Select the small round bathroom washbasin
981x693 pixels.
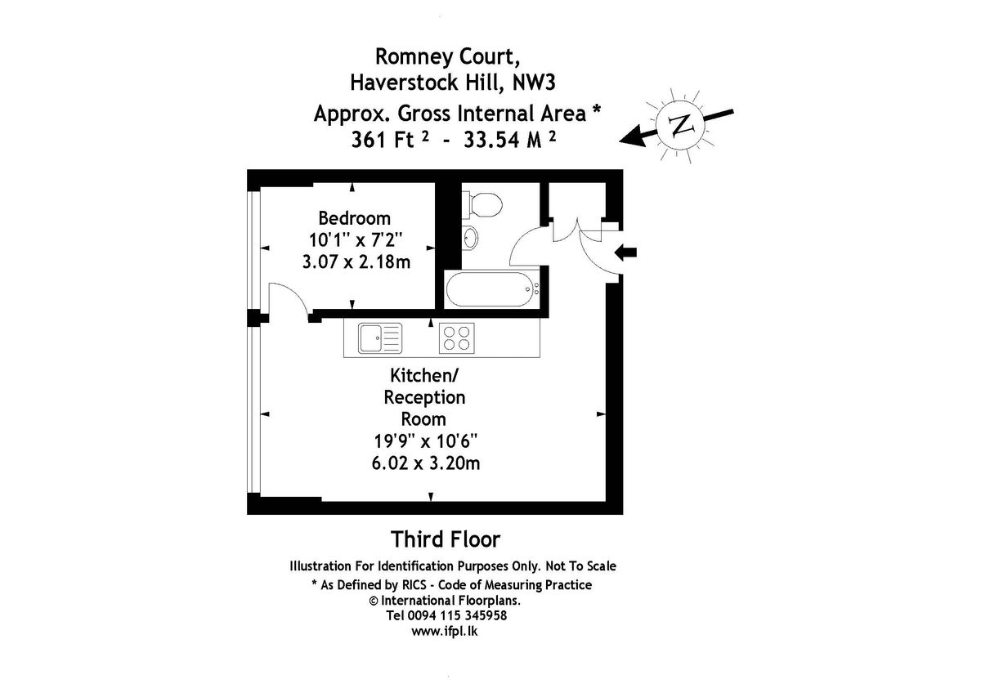(473, 238)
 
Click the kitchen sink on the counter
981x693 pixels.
(380, 338)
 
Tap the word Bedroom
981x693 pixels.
(354, 218)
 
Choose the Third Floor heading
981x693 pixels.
(445, 539)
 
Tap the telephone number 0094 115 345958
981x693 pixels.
(465, 615)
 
